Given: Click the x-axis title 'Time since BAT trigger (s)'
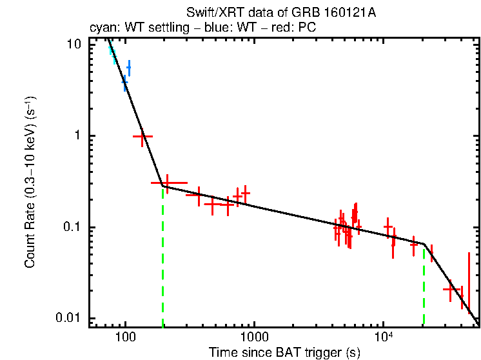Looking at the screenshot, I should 284,352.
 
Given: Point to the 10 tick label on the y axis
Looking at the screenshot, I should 75,45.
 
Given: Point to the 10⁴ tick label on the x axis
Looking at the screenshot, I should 384,337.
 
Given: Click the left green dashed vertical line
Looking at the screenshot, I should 162,258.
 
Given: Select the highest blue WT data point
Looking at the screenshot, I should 129,67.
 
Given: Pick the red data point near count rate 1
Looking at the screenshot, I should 142,136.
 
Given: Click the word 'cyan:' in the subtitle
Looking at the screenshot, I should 101,28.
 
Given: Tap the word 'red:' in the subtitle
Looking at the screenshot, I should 269,28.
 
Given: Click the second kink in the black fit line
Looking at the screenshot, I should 423,243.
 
